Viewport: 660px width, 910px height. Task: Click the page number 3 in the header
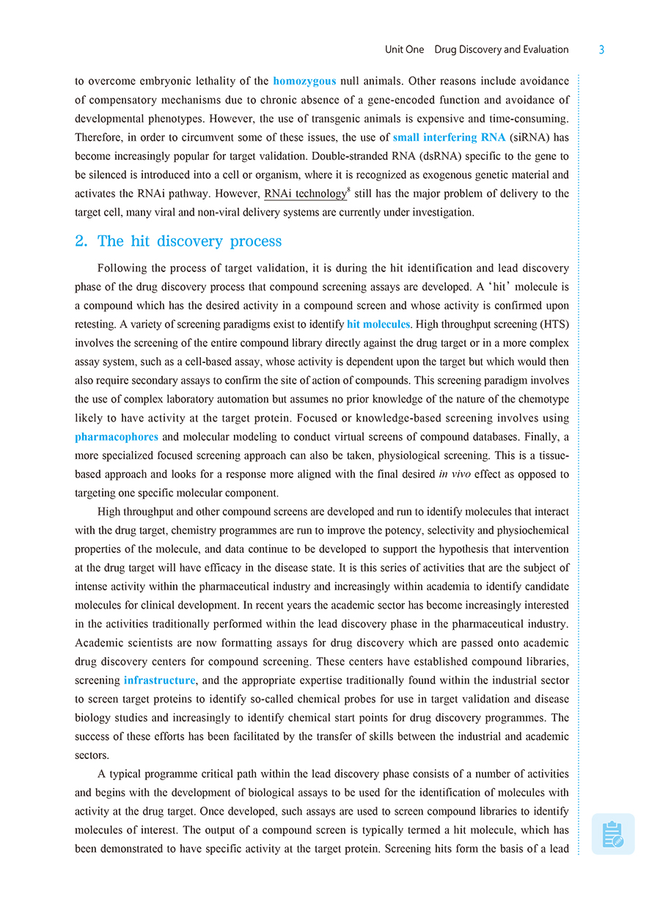(x=601, y=50)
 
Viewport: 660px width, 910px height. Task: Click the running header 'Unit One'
(x=404, y=50)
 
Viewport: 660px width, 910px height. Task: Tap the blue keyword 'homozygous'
(x=304, y=81)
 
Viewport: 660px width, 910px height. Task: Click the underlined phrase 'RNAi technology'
(x=304, y=194)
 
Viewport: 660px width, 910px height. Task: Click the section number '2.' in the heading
(x=81, y=241)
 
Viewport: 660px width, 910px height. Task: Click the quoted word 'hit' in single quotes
(x=502, y=287)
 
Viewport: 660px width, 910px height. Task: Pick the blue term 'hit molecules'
(x=378, y=325)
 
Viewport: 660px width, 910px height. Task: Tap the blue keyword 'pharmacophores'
(x=117, y=437)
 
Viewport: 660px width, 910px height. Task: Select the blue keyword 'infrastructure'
(x=160, y=680)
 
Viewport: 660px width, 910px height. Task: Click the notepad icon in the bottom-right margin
(x=612, y=834)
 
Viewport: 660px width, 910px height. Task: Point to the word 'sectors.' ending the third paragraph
(x=92, y=755)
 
